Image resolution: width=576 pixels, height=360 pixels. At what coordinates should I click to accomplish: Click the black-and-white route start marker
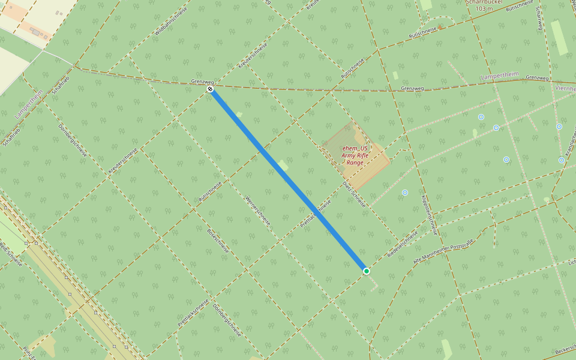click(x=210, y=89)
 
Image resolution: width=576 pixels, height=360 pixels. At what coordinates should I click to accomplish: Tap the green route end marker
click(x=367, y=271)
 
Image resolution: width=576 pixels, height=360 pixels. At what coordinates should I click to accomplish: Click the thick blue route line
click(x=288, y=180)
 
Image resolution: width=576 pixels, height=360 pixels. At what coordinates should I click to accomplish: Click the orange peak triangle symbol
click(x=440, y=26)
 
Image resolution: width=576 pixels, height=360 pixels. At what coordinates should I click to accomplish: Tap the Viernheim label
click(x=565, y=88)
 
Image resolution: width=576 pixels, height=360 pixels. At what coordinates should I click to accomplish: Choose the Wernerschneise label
click(x=258, y=211)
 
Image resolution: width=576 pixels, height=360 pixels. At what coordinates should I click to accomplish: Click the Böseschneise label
click(x=218, y=240)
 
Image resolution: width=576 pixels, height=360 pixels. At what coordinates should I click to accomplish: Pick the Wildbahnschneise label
click(x=170, y=20)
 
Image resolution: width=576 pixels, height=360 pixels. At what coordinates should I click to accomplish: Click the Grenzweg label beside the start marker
click(x=202, y=81)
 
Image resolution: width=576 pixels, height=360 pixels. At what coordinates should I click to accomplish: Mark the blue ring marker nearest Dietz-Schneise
click(x=405, y=193)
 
